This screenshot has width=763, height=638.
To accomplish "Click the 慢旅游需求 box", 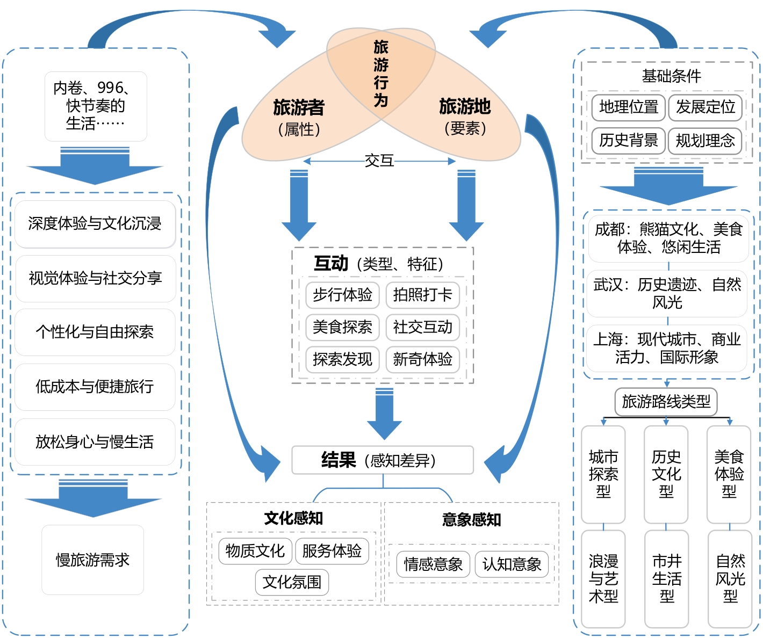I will point(92,560).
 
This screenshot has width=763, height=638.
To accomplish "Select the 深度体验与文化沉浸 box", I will point(95,224).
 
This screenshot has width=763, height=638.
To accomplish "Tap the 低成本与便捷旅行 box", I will point(95,387).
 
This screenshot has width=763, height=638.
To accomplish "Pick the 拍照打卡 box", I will point(422,295).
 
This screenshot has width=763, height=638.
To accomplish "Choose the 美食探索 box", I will point(342,327).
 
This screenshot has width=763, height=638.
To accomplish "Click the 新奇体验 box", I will point(422,359).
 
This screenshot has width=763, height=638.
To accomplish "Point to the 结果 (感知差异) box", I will point(382,460).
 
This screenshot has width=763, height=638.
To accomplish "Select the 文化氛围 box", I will point(292,582).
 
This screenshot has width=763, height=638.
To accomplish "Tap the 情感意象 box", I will point(433,564).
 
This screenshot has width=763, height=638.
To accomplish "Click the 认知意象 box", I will point(512,564).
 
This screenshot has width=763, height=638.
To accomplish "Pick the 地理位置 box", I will point(629,107).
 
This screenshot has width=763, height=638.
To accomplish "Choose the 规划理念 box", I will point(705,141).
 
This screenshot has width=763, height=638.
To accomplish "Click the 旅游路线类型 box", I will point(666,401).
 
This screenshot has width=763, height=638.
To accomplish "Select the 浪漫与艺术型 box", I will point(603,579).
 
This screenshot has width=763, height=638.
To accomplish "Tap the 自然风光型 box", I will point(730,579).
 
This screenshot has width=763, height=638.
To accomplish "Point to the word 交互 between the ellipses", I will point(379,161).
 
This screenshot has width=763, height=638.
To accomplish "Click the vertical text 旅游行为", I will point(381,73).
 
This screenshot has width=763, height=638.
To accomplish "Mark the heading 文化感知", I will point(293,518).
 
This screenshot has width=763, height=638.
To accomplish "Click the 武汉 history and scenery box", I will point(667,293).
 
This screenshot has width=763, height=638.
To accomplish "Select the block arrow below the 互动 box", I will point(384,414).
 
